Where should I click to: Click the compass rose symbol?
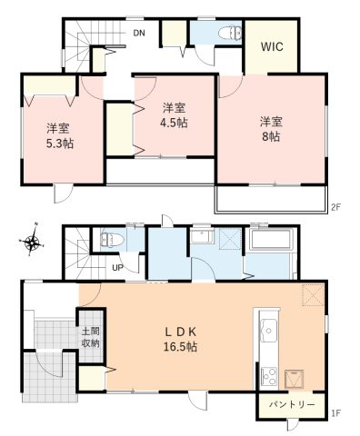pyautogui.click(x=32, y=242)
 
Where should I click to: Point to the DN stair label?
pyautogui.click(x=139, y=34)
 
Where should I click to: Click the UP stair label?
pyautogui.click(x=117, y=267)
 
